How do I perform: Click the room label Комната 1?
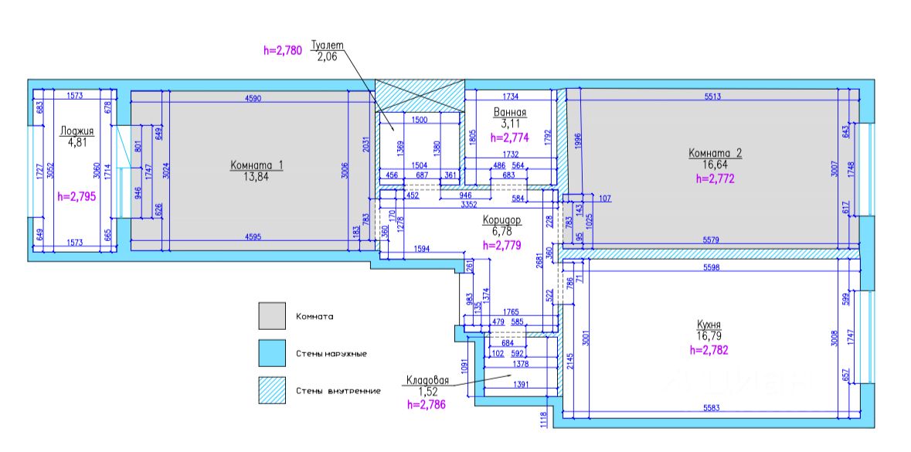click(x=257, y=165)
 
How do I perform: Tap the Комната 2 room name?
click(x=715, y=153)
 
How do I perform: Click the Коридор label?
click(x=501, y=220)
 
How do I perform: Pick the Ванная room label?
click(x=510, y=112)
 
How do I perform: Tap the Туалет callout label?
click(x=327, y=45)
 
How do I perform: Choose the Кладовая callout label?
click(x=427, y=379)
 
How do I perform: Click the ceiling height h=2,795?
click(x=75, y=196)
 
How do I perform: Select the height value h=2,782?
click(x=709, y=350)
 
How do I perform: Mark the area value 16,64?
click(x=715, y=165)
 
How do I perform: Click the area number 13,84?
click(x=257, y=177)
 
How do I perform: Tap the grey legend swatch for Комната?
click(x=272, y=317)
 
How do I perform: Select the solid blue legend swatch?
click(x=272, y=353)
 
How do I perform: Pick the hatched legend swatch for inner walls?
click(x=272, y=390)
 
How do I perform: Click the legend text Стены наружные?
click(x=331, y=354)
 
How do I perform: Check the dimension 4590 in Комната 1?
click(x=257, y=97)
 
